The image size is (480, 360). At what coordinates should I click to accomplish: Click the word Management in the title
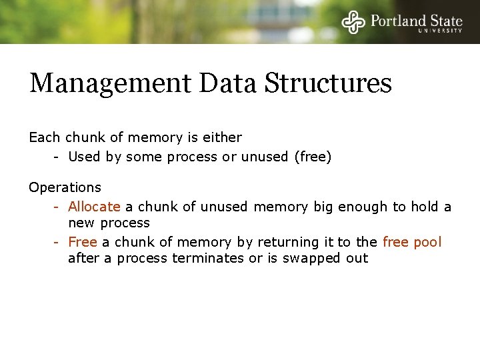point(110,85)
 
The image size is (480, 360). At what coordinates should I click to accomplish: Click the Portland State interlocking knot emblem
point(354,21)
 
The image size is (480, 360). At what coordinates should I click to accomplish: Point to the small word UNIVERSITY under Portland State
point(440,31)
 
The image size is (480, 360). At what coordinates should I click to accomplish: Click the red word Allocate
point(94,207)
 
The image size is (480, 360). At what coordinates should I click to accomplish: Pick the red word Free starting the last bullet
point(83,242)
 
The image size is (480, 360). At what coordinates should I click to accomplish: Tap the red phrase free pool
point(412,242)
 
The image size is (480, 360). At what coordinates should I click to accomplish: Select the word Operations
point(65,188)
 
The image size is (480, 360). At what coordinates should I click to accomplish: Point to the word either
point(223,137)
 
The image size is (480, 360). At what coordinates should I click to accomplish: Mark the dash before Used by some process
point(58,157)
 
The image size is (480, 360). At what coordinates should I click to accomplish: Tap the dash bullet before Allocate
point(58,207)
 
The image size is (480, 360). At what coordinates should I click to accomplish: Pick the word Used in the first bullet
point(83,157)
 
